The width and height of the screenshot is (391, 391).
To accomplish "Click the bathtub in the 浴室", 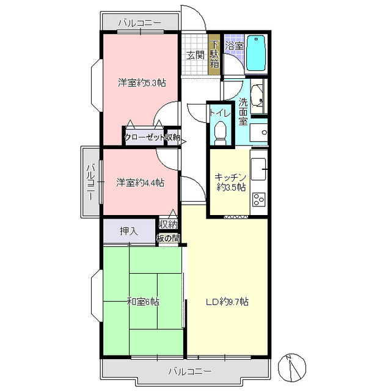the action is point(256,53).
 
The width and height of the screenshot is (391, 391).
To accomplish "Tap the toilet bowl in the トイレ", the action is point(220,133).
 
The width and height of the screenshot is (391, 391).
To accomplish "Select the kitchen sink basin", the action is point(258,169).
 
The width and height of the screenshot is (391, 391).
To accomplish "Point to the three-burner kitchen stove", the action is point(259,199).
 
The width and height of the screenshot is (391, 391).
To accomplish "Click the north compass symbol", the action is point(292,367).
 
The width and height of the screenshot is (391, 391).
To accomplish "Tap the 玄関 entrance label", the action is point(195,55).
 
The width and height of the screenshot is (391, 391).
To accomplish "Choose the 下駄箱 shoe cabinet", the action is point(214,54).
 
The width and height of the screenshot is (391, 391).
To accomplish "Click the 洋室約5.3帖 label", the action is point(142,82).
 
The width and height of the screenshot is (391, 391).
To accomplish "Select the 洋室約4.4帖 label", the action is point(140,183).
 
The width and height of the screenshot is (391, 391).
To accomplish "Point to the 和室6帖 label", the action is point(143,302).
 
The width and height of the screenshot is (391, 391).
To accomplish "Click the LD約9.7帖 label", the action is point(227,302).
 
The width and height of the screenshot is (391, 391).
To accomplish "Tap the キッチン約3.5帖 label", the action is point(231,182).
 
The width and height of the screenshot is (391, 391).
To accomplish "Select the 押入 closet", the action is point(129,231).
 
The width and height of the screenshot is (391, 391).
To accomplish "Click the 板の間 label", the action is point(168,238).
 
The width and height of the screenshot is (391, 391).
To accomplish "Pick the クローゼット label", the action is point(145,137).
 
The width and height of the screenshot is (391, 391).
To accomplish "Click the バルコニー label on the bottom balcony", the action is point(190,371).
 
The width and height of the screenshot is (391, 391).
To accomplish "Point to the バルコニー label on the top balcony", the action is point(140,23).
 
